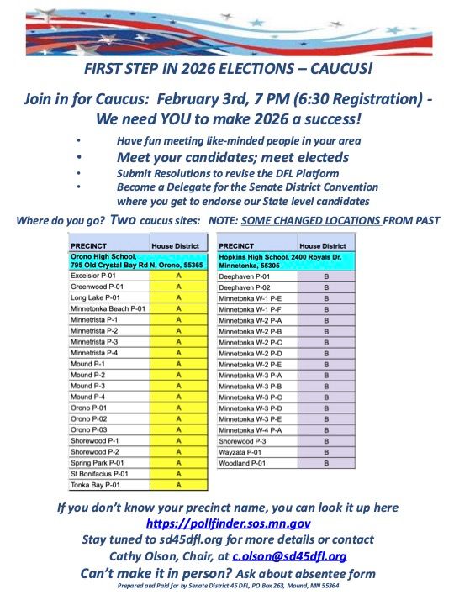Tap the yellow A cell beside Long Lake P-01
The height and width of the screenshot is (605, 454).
point(178,297)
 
